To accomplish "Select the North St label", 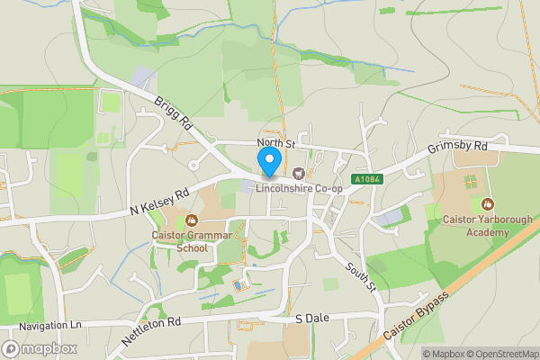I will pyautogui.click(x=275, y=143).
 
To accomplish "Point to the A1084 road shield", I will pyautogui.click(x=367, y=180).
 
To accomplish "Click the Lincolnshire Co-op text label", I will pyautogui.click(x=300, y=188).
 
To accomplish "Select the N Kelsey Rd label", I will pyautogui.click(x=158, y=201).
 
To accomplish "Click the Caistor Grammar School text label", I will pyautogui.click(x=191, y=242).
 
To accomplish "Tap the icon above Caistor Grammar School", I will pyautogui.click(x=191, y=220).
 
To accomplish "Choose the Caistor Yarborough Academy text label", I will pyautogui.click(x=487, y=225).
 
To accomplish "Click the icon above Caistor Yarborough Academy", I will pyautogui.click(x=487, y=203).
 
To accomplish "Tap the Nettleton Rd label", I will pyautogui.click(x=151, y=331).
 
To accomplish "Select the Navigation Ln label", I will pyautogui.click(x=50, y=324).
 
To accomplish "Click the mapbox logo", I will pyautogui.click(x=40, y=349).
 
